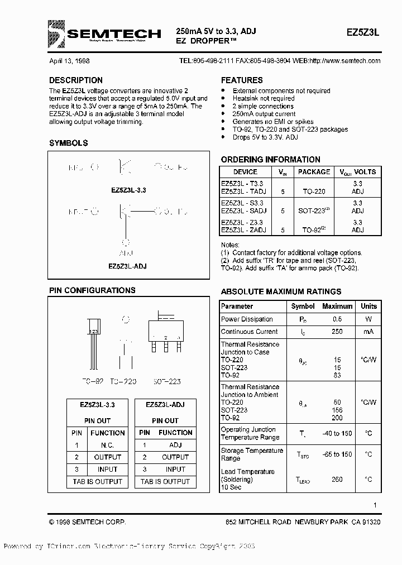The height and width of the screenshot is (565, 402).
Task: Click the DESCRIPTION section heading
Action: click(x=76, y=80)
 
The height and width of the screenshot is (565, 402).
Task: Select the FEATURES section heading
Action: click(x=242, y=80)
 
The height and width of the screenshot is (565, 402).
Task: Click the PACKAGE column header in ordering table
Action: click(x=314, y=172)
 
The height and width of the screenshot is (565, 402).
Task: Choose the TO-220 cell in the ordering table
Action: click(x=314, y=191)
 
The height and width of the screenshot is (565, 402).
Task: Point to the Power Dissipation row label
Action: click(x=247, y=319)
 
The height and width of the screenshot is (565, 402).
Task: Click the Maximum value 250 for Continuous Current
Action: click(x=337, y=332)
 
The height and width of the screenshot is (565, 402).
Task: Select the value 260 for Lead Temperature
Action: click(x=337, y=479)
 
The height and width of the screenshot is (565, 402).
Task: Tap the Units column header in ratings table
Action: click(x=368, y=307)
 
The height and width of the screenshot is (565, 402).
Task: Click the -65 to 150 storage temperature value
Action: click(x=337, y=454)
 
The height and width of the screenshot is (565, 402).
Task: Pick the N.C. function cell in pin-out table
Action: click(x=107, y=445)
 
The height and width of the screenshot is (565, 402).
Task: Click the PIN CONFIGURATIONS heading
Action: click(x=92, y=290)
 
